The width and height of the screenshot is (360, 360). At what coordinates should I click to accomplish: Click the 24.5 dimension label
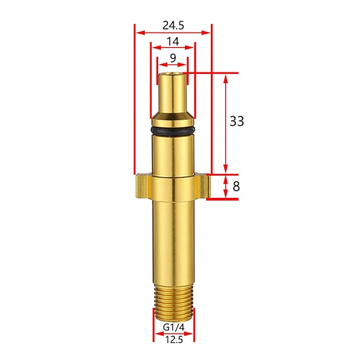(x=174, y=25)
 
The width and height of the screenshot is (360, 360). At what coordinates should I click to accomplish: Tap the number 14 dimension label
(x=173, y=41)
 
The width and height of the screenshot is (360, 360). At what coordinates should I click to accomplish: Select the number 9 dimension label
(x=173, y=58)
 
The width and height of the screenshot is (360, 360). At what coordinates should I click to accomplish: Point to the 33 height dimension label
(x=237, y=121)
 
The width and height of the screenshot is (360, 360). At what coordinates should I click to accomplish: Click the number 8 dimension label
(x=236, y=186)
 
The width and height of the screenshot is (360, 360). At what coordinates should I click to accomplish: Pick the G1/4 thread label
(x=174, y=327)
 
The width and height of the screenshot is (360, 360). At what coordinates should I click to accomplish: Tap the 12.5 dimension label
(x=174, y=339)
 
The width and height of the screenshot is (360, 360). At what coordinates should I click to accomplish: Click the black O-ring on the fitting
(x=173, y=131)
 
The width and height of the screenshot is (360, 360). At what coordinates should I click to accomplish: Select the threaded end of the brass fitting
(x=174, y=302)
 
